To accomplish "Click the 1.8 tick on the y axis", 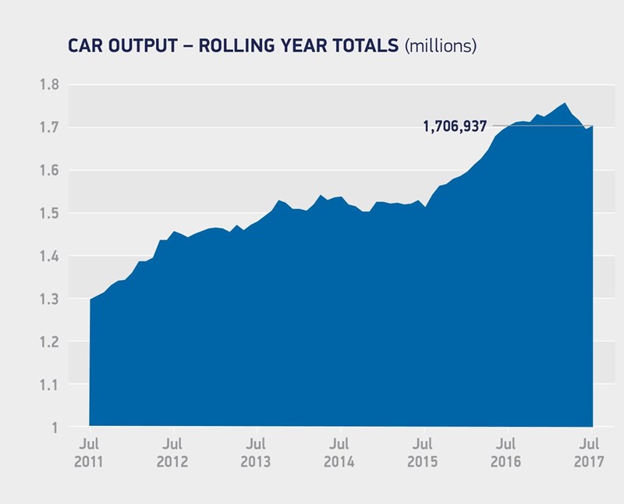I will (49, 85).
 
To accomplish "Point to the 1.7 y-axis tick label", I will (49, 128).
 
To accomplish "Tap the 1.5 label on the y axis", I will (49, 214).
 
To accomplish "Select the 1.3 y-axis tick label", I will (49, 300).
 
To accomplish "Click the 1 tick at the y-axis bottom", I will (55, 428).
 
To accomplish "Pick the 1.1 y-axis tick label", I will (49, 385).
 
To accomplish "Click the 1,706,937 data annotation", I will (455, 126).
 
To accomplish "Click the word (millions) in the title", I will (440, 47).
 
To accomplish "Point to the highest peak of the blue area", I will (564, 103).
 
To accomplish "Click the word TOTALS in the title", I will (362, 47).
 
